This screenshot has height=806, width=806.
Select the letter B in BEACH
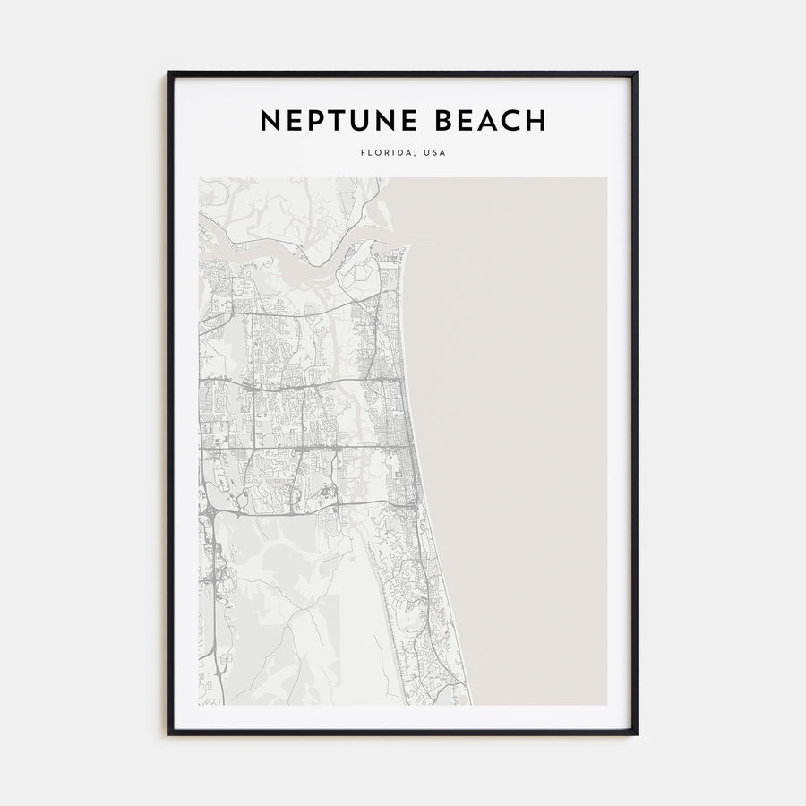(x=442, y=121)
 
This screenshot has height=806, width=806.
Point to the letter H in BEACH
(x=536, y=121)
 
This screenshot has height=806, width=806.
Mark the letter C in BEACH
(x=511, y=121)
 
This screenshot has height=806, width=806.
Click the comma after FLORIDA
(x=413, y=156)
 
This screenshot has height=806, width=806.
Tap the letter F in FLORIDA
(x=363, y=153)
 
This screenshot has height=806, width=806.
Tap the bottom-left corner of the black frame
(x=169, y=733)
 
